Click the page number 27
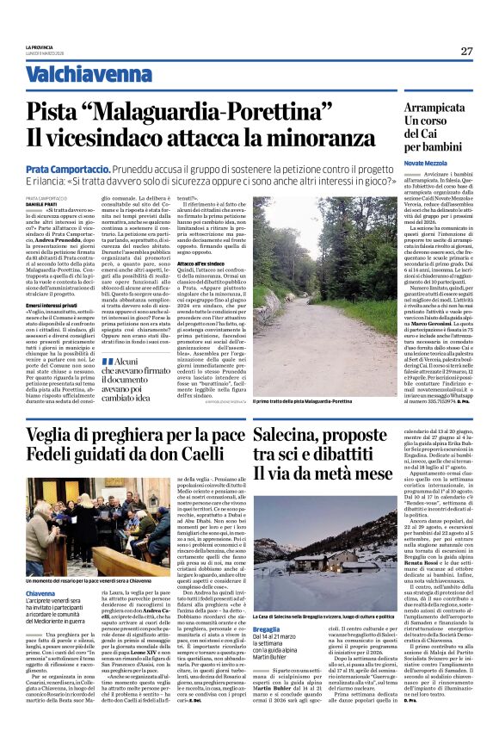coord(466,51)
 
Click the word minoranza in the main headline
coord(276,138)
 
